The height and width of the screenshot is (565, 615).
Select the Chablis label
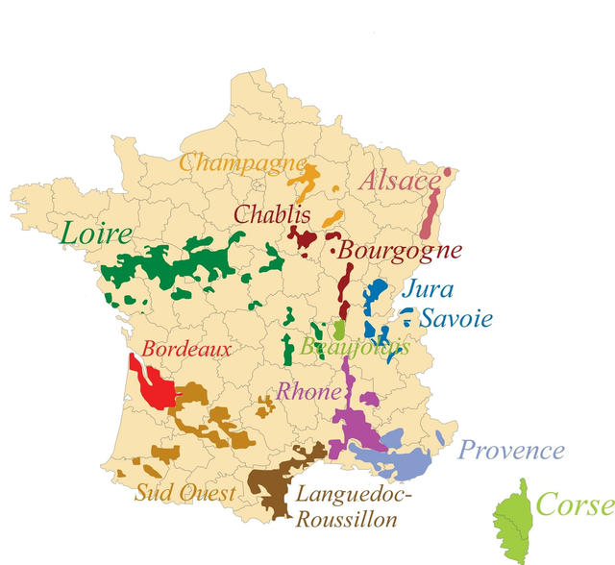tap(272, 213)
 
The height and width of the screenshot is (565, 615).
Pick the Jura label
tap(428, 288)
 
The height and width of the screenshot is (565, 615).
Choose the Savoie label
tap(456, 319)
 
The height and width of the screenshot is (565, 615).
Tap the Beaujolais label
tap(355, 348)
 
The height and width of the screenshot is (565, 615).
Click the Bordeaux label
tap(186, 349)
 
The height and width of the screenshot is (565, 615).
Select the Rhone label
tap(308, 392)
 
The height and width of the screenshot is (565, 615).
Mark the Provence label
tap(510, 450)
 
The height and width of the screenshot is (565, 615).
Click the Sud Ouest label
tap(184, 494)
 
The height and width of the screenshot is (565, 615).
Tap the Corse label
tap(574, 504)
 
